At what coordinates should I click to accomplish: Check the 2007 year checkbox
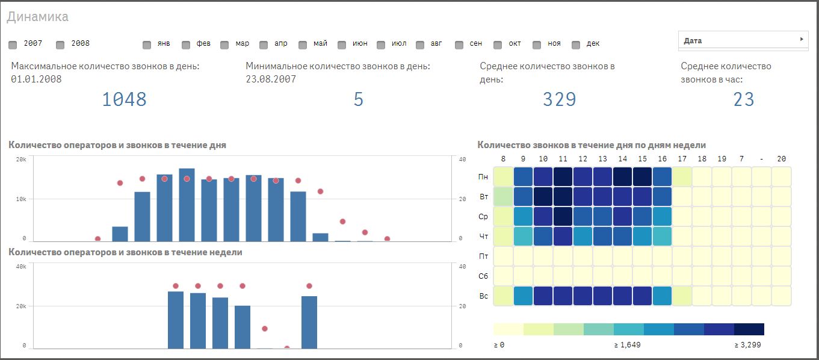(13, 45)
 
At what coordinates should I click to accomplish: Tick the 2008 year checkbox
(60, 45)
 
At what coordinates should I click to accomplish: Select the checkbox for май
(302, 45)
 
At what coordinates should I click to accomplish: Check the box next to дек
(576, 45)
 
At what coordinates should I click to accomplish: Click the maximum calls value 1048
(124, 99)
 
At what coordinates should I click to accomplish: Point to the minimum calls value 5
(359, 99)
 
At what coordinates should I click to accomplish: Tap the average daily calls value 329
(559, 99)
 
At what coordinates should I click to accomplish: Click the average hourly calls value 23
(743, 99)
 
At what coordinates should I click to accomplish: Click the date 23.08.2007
(271, 79)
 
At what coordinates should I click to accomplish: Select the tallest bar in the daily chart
(187, 205)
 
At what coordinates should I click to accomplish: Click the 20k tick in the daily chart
(20, 160)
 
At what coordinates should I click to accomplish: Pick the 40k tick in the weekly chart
(20, 267)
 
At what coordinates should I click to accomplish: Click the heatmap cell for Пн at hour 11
(563, 177)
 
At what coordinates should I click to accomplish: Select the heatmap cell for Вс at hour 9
(523, 296)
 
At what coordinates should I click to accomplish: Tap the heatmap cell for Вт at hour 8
(503, 197)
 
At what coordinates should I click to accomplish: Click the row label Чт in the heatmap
(483, 237)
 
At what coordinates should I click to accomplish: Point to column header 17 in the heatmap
(682, 159)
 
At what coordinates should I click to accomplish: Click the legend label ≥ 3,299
(748, 345)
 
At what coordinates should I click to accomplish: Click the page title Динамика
(37, 17)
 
